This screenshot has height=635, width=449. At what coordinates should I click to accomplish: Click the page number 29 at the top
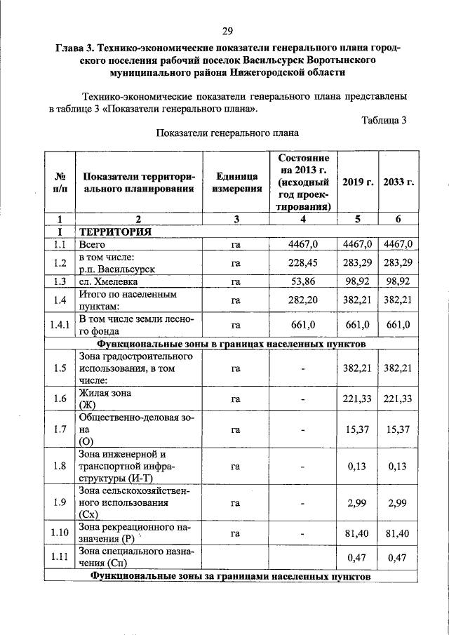[227, 30]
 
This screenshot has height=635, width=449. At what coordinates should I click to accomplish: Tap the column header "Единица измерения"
[236, 182]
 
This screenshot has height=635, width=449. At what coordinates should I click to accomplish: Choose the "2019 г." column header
[358, 182]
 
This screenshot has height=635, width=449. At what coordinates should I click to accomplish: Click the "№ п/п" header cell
[60, 182]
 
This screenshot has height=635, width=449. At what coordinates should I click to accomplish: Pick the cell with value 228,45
[303, 262]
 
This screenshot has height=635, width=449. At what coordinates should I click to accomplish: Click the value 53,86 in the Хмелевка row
[303, 281]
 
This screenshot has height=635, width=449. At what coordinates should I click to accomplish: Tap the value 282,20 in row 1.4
[303, 300]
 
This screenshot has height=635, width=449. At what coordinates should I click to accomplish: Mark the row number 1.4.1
[60, 325]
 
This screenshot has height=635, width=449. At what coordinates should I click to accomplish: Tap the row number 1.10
[60, 533]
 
